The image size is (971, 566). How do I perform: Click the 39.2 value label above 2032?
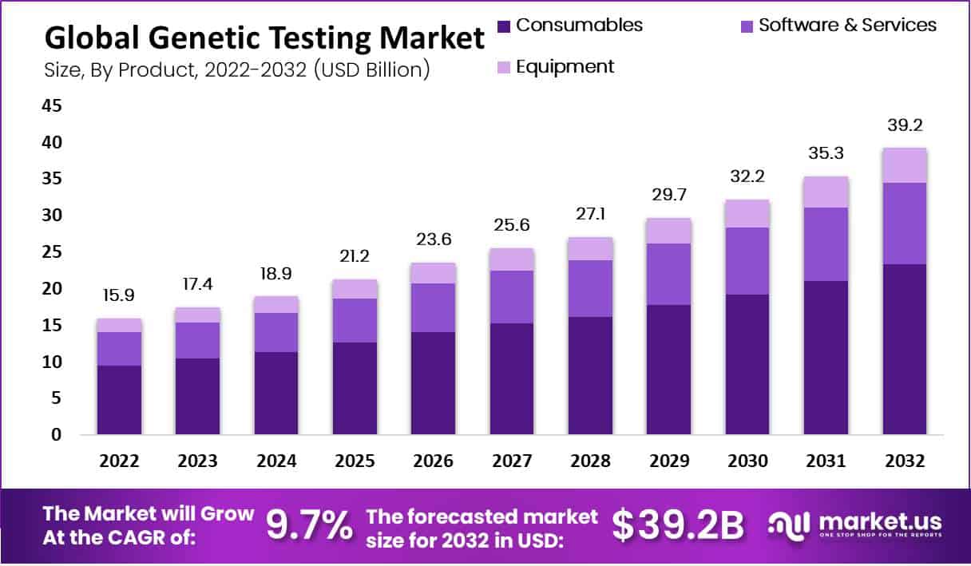[x=904, y=125]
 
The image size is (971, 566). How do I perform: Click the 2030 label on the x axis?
[x=747, y=461]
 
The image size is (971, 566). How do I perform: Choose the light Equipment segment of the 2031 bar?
[x=826, y=192]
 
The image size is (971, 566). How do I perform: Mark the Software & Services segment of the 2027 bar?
[x=512, y=297]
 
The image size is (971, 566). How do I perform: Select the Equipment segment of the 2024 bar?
[x=276, y=304]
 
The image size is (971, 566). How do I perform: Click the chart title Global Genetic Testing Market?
[x=264, y=38]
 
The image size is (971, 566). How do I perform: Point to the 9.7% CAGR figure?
[x=308, y=524]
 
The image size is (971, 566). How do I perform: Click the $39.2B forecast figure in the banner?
[x=678, y=524]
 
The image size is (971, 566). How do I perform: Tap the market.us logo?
[x=855, y=524]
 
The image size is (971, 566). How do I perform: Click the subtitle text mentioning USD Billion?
[x=238, y=70]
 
